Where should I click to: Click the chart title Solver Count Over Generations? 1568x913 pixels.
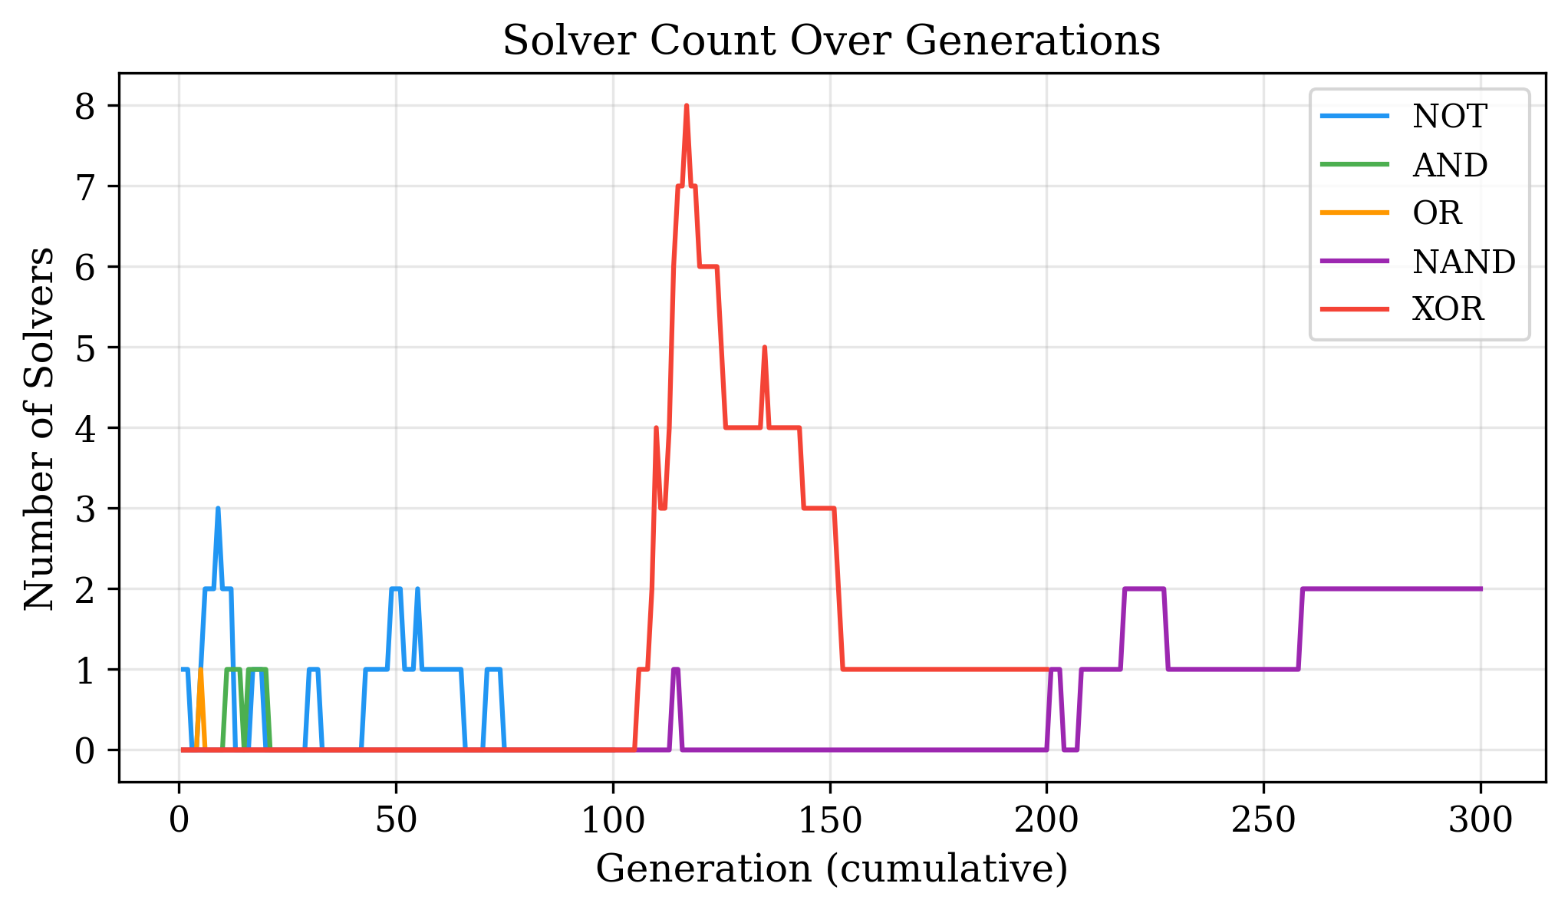click(831, 40)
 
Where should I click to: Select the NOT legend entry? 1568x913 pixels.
click(1449, 117)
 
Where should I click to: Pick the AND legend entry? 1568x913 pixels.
click(1449, 165)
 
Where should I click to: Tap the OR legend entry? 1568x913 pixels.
click(1436, 213)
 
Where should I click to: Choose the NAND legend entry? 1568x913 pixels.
click(1463, 262)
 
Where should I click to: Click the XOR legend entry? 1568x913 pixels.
click(1448, 309)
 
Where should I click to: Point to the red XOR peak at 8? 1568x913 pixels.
click(686, 106)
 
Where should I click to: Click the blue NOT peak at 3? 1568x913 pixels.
click(218, 509)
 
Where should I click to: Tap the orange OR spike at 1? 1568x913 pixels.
click(200, 670)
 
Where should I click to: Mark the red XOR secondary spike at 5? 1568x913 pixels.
click(764, 348)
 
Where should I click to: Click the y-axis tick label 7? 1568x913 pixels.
click(85, 186)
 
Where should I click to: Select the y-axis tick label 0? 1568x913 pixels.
click(85, 750)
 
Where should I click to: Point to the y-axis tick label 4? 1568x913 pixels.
click(85, 428)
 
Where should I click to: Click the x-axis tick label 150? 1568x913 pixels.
click(829, 821)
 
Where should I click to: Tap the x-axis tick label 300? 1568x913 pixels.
click(1480, 821)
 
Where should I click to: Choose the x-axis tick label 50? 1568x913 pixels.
click(396, 821)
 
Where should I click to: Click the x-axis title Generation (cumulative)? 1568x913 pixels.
click(832, 869)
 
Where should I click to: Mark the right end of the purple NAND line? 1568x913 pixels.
click(1480, 589)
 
